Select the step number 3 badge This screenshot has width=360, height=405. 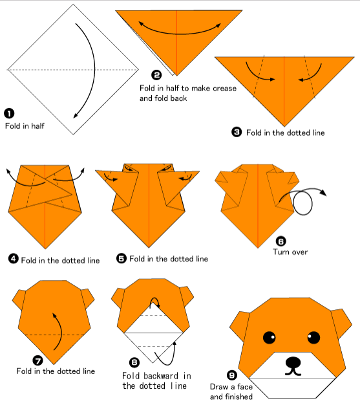(x=237, y=132)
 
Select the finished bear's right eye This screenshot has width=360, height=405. (x=313, y=337)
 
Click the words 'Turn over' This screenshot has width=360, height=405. (x=290, y=252)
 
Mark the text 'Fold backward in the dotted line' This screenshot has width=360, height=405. (x=156, y=381)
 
